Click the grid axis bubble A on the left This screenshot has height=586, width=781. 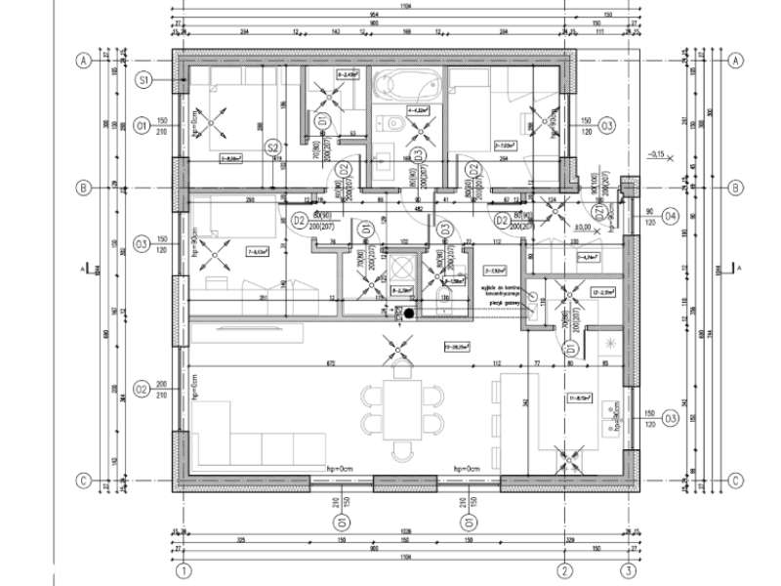point(84,61)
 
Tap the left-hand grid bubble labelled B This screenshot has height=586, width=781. point(84,187)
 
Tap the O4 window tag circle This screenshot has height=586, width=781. point(671,215)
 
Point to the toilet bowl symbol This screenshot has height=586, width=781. point(392,124)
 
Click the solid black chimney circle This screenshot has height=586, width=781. point(410,314)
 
